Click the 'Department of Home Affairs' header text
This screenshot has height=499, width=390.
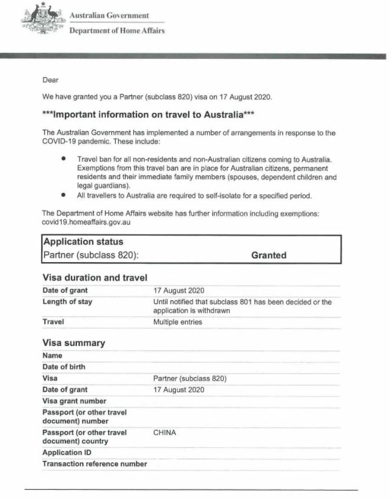[x=116, y=30]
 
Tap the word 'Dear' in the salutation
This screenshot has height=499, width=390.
[x=50, y=80]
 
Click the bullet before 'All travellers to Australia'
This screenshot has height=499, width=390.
[x=63, y=195]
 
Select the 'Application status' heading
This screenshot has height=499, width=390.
[x=82, y=242]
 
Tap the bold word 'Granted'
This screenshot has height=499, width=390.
[x=269, y=256]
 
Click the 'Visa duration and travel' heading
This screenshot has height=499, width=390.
[x=95, y=278]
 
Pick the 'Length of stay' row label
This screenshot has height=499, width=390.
[x=67, y=302]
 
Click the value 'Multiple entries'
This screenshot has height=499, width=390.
[x=178, y=322]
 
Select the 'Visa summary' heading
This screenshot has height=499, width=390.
[x=73, y=343]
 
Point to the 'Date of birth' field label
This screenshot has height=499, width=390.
[x=64, y=367]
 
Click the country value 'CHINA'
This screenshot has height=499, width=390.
[x=165, y=433]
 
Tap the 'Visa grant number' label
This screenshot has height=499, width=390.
[x=74, y=401]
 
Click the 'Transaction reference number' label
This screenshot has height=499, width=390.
[x=95, y=464]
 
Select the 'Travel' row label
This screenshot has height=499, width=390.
[x=53, y=322]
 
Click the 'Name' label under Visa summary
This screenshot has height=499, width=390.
[x=53, y=355]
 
